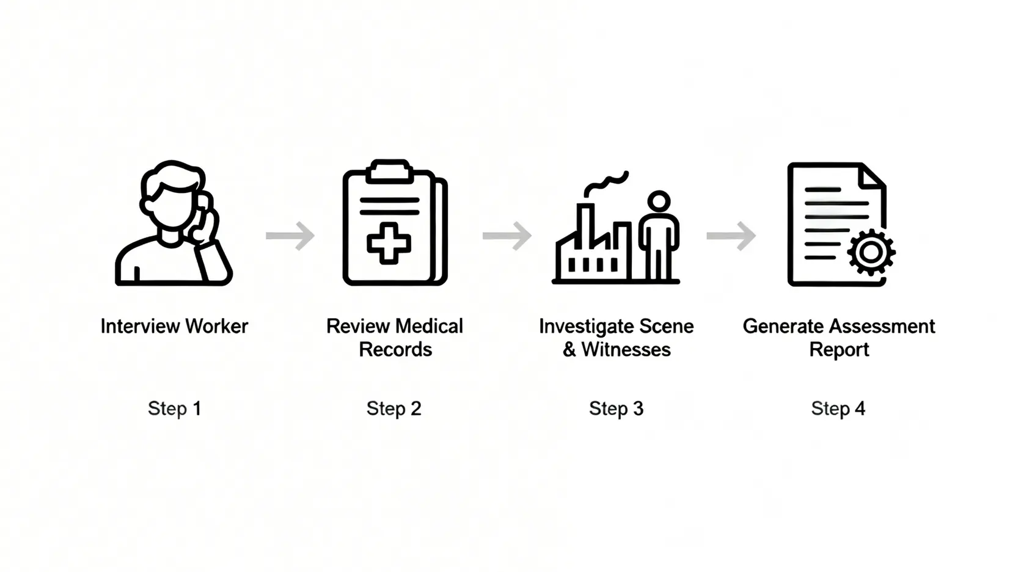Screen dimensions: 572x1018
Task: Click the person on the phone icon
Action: (x=174, y=224)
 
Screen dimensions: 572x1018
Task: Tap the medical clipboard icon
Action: (x=395, y=223)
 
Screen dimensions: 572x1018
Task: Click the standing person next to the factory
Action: (x=659, y=235)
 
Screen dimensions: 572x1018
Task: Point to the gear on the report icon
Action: (x=871, y=252)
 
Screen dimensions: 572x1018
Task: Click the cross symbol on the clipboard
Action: (x=389, y=244)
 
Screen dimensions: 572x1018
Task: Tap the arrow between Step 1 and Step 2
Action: (x=291, y=236)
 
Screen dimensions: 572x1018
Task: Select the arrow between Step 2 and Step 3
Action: (x=507, y=236)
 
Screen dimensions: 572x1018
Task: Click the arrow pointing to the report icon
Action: (x=731, y=236)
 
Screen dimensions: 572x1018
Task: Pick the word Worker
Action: (x=216, y=327)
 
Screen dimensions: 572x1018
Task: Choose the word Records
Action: (x=395, y=350)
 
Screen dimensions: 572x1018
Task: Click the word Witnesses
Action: (x=626, y=350)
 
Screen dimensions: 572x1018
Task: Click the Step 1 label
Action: (x=174, y=408)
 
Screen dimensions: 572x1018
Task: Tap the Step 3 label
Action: (x=616, y=408)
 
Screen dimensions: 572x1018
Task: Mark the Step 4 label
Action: (x=838, y=408)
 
